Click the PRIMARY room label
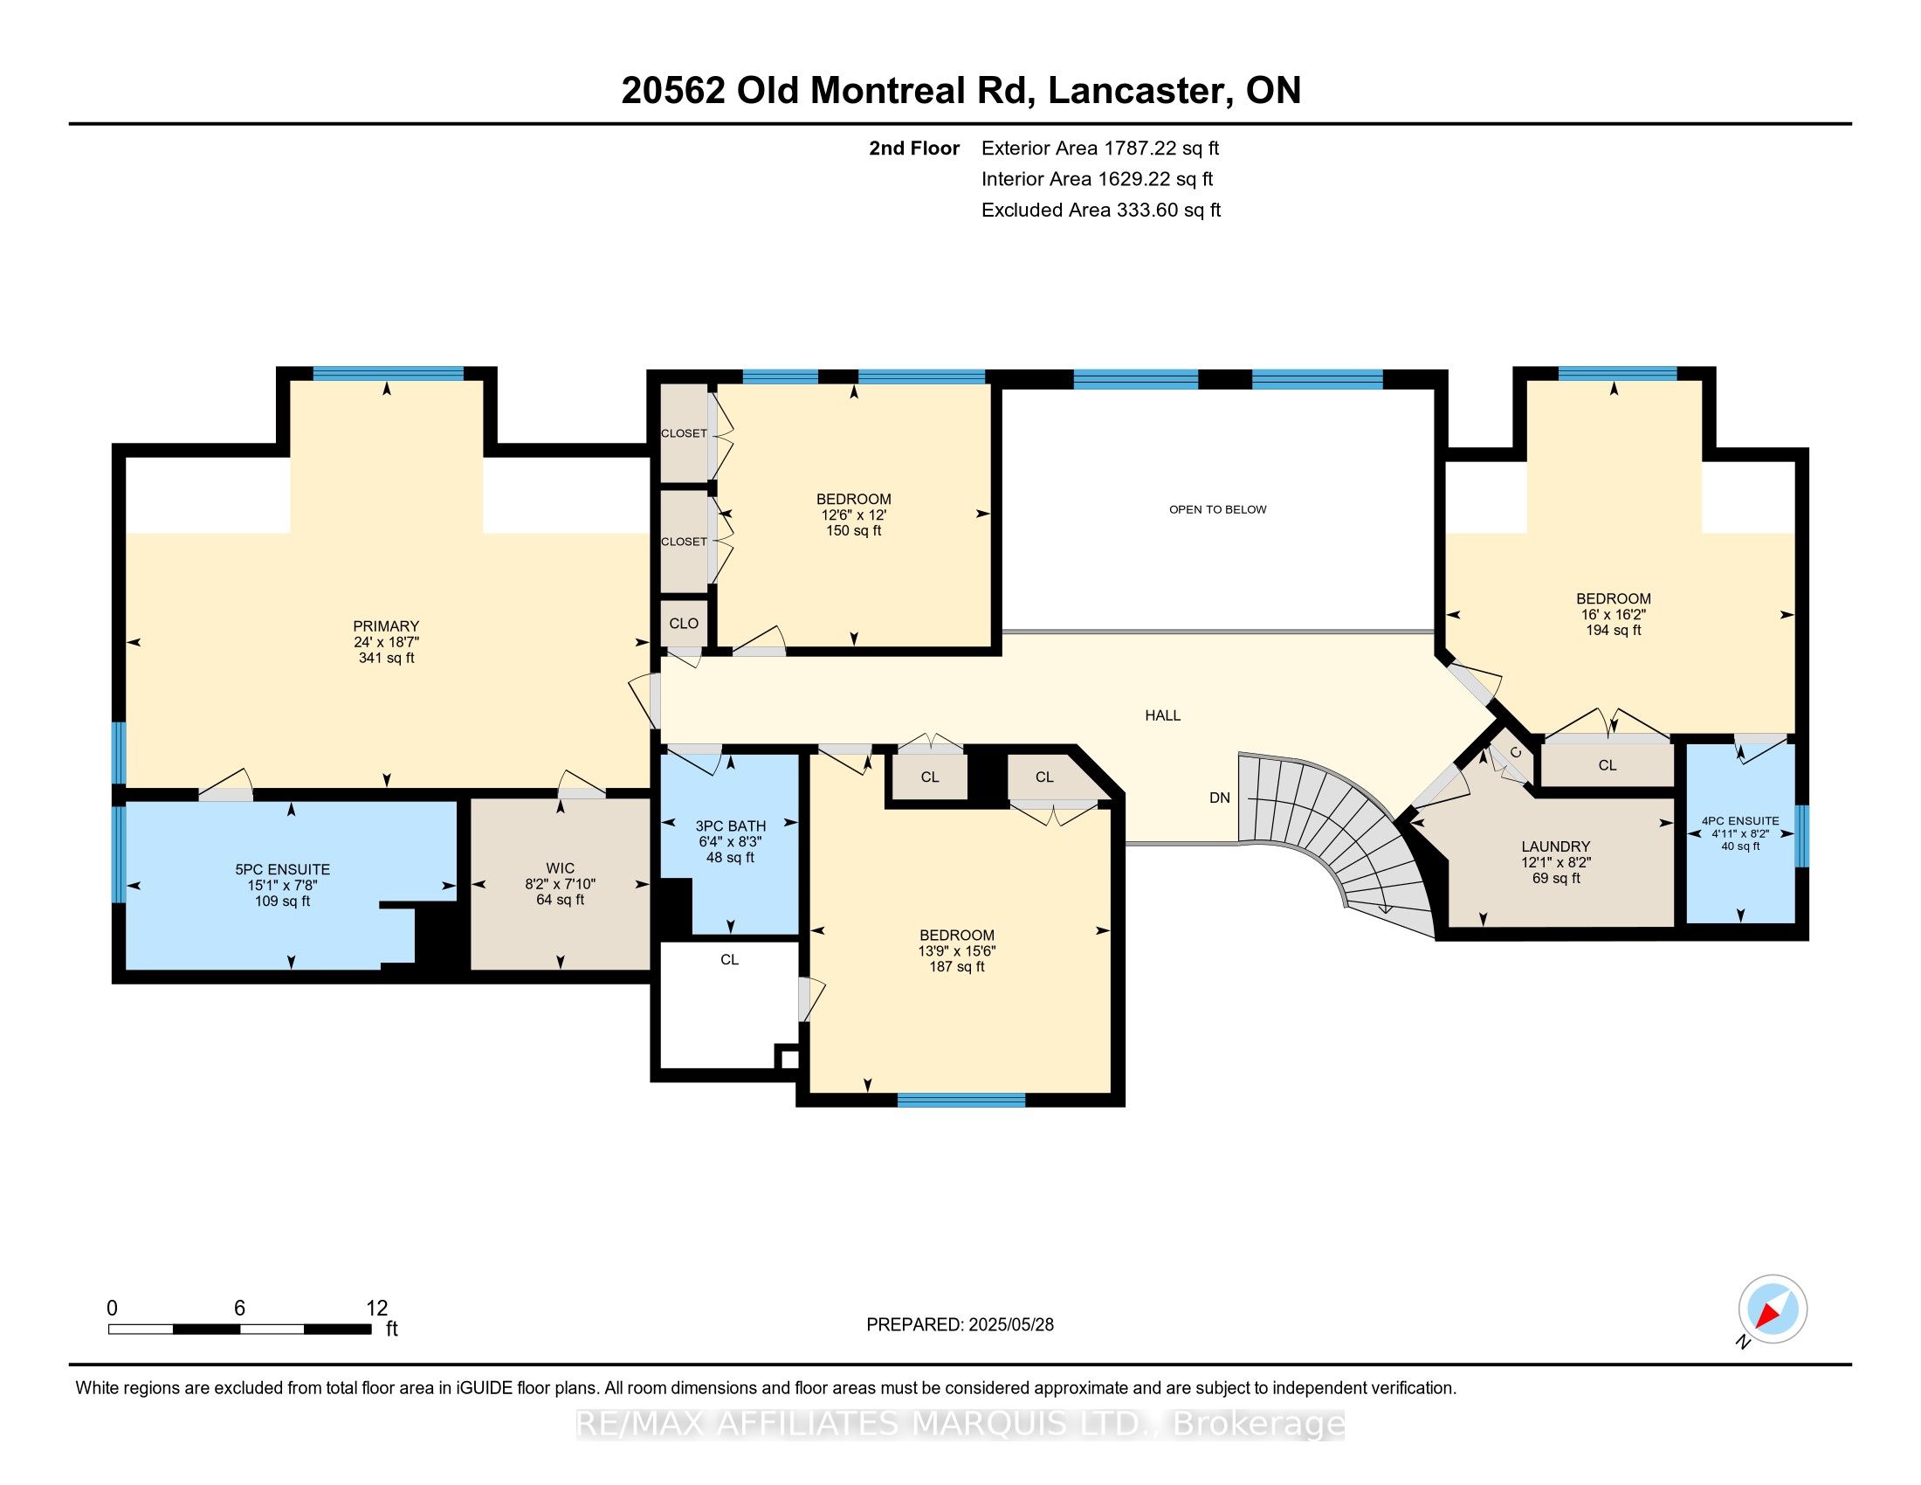386,626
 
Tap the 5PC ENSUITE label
282,869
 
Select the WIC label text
561,868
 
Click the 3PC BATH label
730,826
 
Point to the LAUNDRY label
1556,846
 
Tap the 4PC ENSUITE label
1740,821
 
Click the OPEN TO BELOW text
1217,509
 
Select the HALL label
1163,715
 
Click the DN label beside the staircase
1220,798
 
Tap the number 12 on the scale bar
376,1309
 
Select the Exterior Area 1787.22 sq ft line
1100,148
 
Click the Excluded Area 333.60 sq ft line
1101,210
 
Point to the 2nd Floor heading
914,148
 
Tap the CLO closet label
684,623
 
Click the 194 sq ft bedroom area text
1613,630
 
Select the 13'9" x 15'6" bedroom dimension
957,951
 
